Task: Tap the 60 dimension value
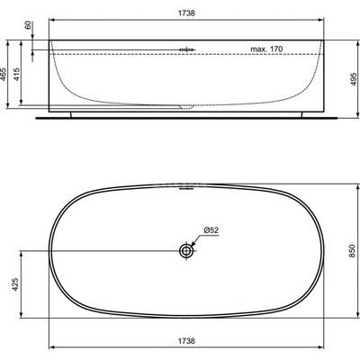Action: [x=30, y=26]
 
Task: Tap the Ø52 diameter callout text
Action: [x=210, y=229]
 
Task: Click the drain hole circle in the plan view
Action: [x=186, y=249]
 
